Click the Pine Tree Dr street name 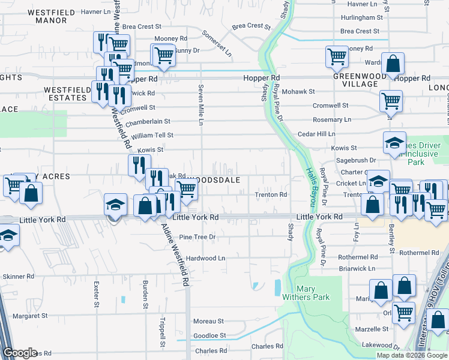click(197, 237)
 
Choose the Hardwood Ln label click(205, 258)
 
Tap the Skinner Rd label click(19, 277)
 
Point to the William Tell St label click(152, 136)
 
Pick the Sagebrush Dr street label click(355, 160)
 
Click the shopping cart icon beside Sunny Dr click(163, 55)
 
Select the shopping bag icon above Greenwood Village click(392, 64)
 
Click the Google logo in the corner click(19, 353)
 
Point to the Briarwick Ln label click(356, 269)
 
